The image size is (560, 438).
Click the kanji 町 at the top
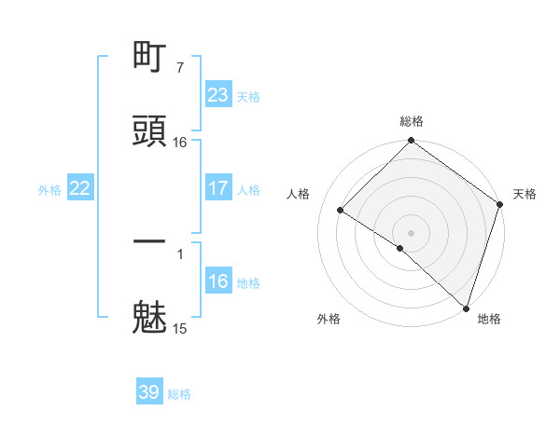click(x=150, y=59)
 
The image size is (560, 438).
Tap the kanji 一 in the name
click(x=150, y=241)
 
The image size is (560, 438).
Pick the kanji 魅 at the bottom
click(x=150, y=316)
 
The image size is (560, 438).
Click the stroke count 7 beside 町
click(x=179, y=68)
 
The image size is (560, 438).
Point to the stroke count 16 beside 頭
click(x=179, y=142)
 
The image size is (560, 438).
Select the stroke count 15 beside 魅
click(x=179, y=328)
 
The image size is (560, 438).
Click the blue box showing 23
click(x=217, y=95)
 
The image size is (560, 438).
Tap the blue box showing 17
click(x=217, y=188)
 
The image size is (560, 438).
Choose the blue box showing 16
click(x=217, y=281)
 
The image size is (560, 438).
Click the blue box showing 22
click(x=80, y=188)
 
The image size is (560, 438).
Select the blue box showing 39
click(x=148, y=393)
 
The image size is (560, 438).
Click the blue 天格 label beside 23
click(x=247, y=96)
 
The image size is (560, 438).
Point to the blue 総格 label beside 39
click(x=179, y=394)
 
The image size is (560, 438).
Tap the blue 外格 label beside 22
click(x=49, y=189)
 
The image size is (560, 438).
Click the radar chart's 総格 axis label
click(x=412, y=121)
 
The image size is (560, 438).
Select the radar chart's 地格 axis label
click(x=489, y=319)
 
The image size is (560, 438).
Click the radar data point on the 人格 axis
click(x=341, y=211)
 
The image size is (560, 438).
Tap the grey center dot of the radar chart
click(x=412, y=233)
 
